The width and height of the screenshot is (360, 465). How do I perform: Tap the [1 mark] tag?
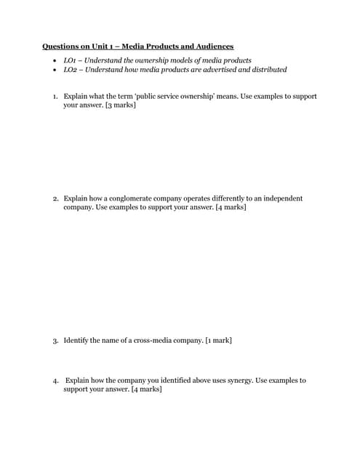[x=219, y=341]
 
